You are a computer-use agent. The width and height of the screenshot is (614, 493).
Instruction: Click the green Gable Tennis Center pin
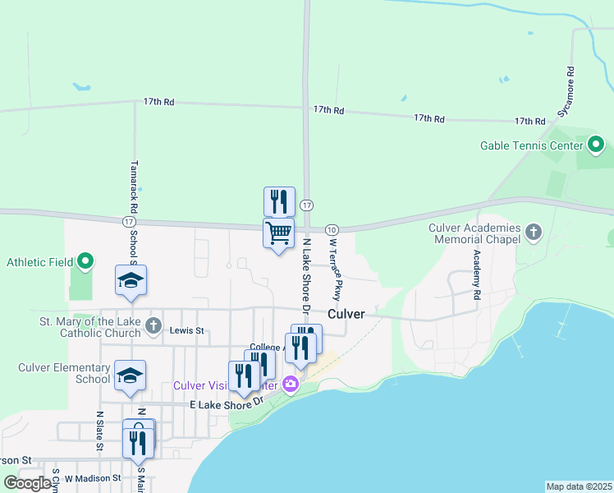597,147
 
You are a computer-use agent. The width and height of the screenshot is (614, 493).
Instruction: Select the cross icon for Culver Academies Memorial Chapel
534,233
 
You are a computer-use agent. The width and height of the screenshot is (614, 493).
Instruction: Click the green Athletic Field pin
85,263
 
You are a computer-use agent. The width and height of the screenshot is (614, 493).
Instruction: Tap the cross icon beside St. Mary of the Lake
153,326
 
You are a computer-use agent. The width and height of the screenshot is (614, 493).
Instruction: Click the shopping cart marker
278,233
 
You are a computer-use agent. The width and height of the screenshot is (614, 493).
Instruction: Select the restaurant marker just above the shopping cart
279,201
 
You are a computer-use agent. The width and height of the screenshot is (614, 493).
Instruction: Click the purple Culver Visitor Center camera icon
290,384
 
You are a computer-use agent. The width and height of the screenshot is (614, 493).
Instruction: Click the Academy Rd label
476,269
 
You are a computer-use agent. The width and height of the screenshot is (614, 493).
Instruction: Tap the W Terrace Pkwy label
335,269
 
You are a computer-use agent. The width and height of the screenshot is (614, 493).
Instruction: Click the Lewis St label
186,331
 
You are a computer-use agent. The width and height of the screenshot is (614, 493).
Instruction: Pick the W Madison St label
93,477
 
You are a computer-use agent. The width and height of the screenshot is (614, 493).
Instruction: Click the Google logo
28,483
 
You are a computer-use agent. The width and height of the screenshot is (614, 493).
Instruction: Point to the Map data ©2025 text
579,486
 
